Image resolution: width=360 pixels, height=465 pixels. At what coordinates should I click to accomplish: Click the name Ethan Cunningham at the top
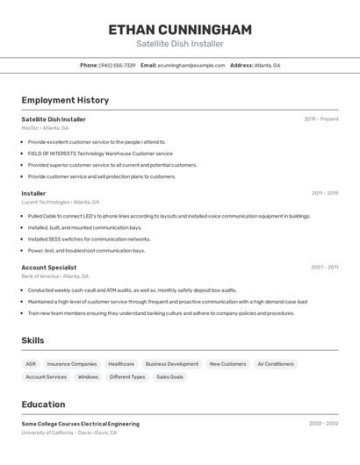(x=180, y=30)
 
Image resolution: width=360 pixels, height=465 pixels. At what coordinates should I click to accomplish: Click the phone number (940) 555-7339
(x=117, y=65)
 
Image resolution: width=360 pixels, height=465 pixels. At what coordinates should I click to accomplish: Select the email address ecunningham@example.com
(x=191, y=65)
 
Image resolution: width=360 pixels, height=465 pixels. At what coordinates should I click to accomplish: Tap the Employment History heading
(x=65, y=100)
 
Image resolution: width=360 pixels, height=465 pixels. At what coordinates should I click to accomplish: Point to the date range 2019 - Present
(x=320, y=119)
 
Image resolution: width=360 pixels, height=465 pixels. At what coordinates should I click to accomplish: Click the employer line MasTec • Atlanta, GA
(x=45, y=128)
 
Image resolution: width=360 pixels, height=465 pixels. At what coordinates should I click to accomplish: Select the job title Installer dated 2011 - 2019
(x=33, y=193)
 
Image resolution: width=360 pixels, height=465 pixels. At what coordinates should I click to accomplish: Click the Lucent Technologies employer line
(x=61, y=202)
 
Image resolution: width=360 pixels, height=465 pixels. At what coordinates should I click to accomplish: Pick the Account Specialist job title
(x=48, y=268)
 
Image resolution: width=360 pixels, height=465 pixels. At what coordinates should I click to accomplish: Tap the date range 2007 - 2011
(x=324, y=267)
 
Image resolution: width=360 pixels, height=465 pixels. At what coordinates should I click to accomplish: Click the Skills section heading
(x=32, y=340)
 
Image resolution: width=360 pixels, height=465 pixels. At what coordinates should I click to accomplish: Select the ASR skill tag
(x=31, y=364)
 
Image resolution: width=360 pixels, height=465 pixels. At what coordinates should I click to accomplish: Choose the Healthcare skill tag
(x=121, y=364)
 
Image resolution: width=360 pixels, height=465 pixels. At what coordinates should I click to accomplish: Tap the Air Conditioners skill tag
(x=275, y=364)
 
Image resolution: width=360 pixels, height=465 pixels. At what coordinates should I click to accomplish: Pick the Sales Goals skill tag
(x=170, y=377)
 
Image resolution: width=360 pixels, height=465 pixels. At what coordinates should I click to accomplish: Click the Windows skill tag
(x=88, y=377)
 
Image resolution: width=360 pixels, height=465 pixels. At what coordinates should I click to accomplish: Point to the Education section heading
(x=43, y=404)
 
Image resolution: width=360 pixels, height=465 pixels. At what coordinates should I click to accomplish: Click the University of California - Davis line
(x=68, y=433)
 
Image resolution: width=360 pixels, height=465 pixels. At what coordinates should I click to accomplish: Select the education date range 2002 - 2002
(x=323, y=424)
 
